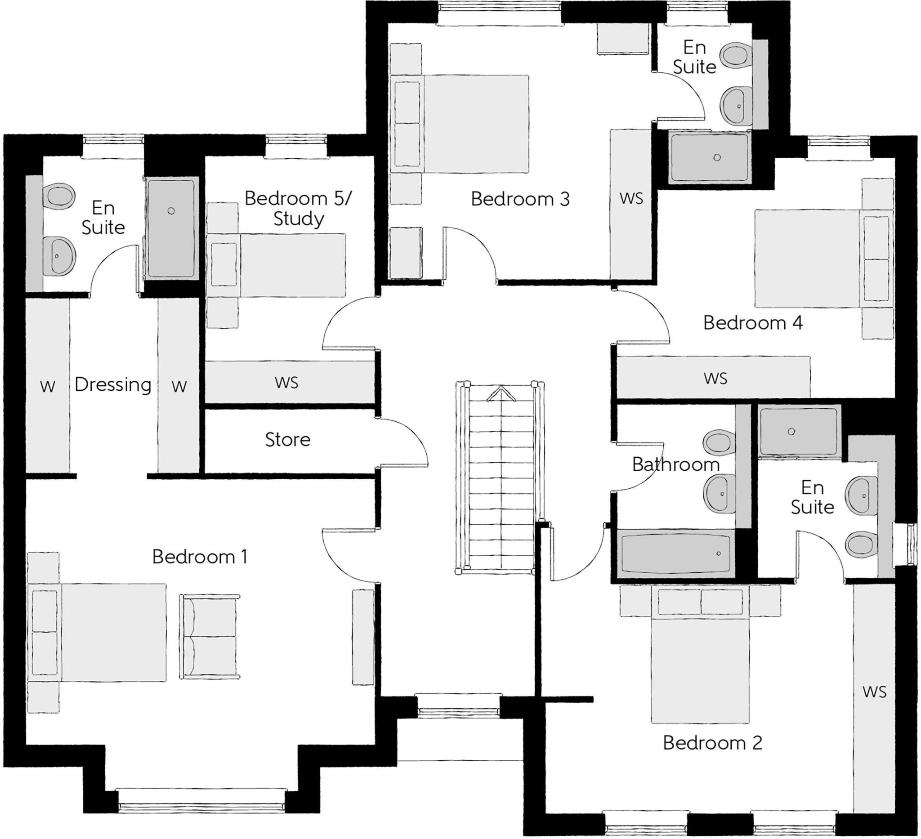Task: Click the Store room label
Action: tap(287, 439)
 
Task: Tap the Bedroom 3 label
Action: tap(520, 199)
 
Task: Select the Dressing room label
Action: tap(113, 385)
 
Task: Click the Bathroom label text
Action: tap(675, 464)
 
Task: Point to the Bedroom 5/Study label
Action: tap(298, 208)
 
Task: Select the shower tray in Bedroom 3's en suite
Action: tap(710, 157)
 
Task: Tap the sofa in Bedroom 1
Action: tap(210, 637)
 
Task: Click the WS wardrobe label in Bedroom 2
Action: tap(874, 692)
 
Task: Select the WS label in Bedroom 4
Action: tap(715, 378)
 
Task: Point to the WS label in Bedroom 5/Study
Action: tap(286, 382)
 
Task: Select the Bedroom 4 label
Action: tap(753, 323)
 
